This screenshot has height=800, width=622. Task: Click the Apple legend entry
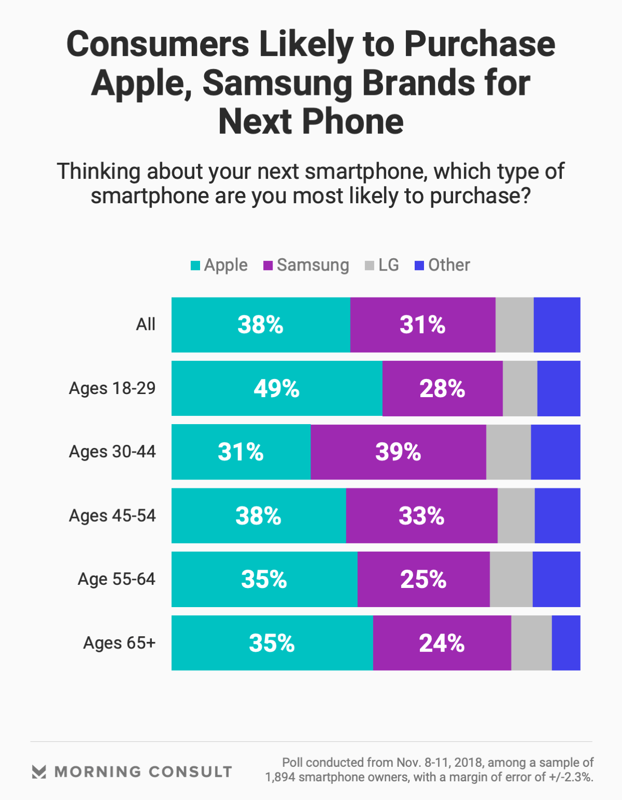pos(219,265)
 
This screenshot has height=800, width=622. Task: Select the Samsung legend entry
pos(306,265)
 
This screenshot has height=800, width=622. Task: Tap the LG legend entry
pos(382,265)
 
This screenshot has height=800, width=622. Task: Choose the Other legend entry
pos(443,265)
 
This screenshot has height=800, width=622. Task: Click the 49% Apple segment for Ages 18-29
pos(277,388)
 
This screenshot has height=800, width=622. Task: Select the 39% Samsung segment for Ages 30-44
pos(398,452)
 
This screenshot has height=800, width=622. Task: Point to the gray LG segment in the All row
pos(514,325)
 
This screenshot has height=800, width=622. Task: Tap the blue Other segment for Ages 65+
pos(566,643)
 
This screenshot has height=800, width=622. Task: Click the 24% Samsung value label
pos(442,643)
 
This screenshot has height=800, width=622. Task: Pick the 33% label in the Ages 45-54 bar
pos(421,516)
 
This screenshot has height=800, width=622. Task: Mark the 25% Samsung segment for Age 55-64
pos(423,579)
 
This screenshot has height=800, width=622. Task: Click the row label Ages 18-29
pos(112,388)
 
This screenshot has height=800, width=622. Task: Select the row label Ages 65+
pos(119,643)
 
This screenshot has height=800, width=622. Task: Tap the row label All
pos(146,325)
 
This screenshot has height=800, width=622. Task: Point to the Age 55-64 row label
pos(117,579)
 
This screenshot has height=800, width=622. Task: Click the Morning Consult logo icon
pos(39,771)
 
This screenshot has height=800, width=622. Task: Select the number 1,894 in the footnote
pos(280,777)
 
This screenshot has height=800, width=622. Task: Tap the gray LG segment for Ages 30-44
pos(508,452)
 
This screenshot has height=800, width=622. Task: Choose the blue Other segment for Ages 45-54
pos(557,516)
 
